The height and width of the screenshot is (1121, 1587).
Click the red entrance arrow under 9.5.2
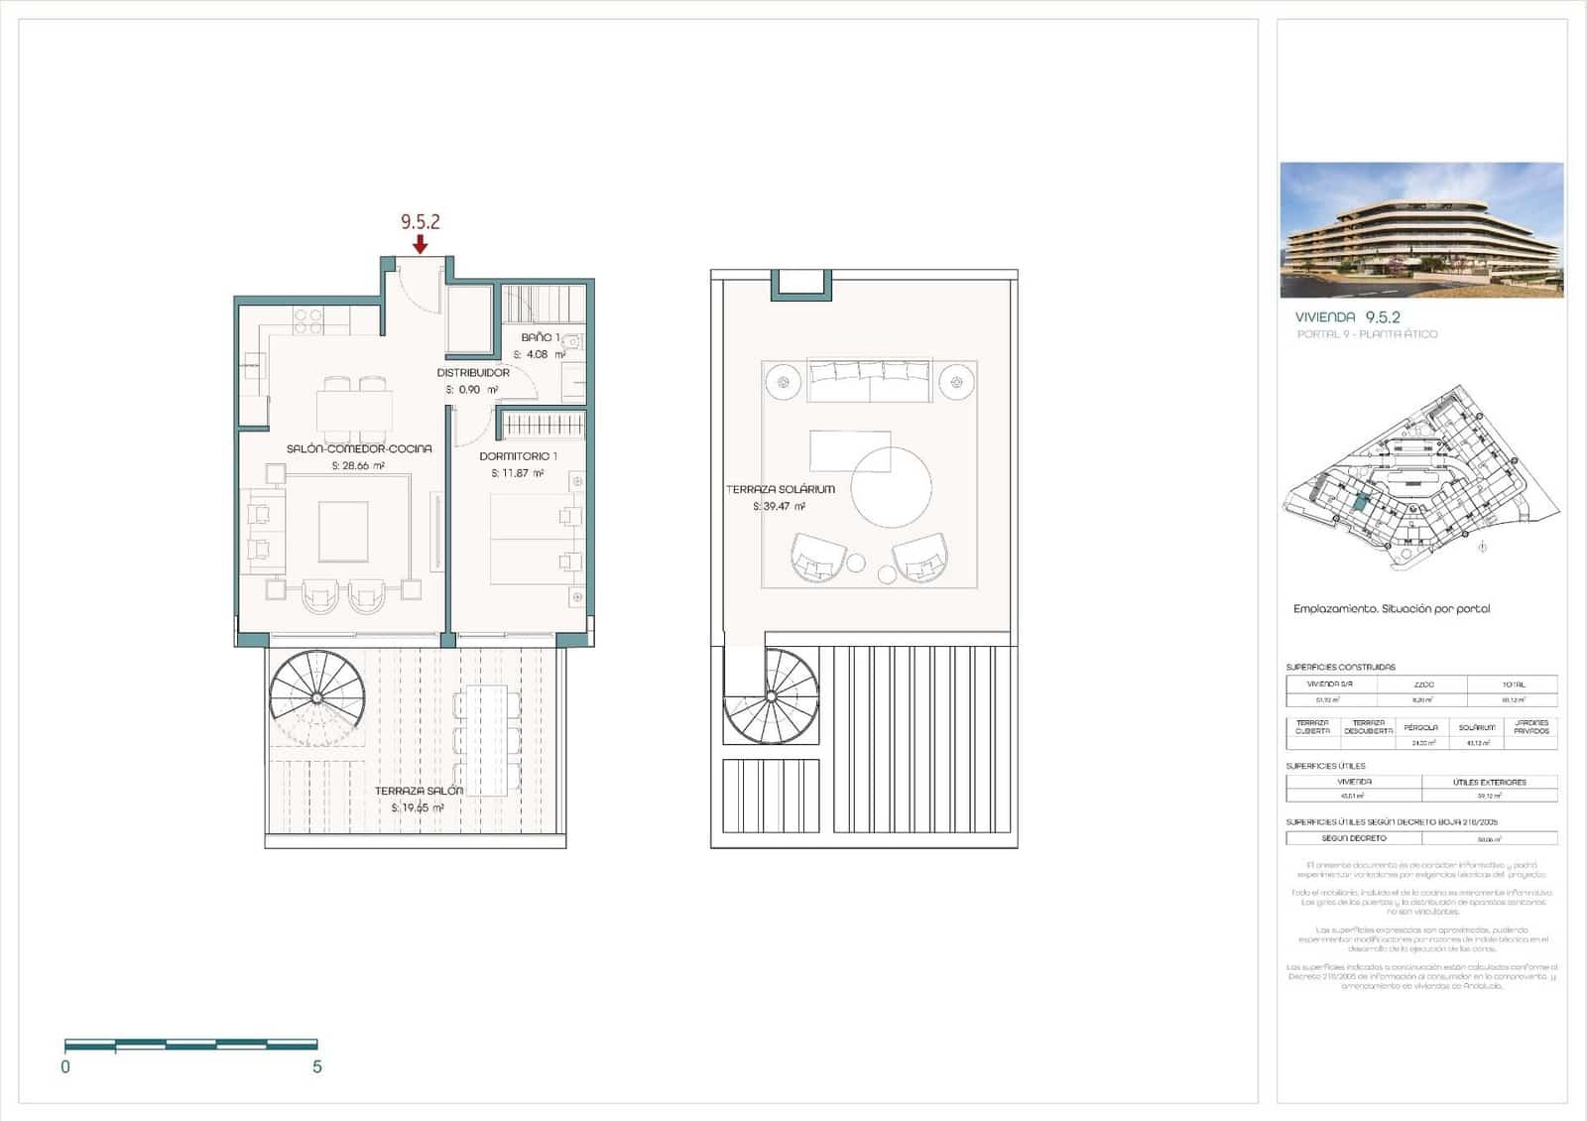tap(421, 244)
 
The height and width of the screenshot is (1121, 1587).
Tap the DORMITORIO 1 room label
tap(518, 456)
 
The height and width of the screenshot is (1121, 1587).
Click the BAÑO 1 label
tap(541, 337)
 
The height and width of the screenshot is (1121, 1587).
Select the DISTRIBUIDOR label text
tap(473, 373)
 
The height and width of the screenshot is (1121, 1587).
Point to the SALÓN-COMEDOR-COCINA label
tap(359, 448)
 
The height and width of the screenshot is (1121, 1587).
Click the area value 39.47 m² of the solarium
tap(779, 506)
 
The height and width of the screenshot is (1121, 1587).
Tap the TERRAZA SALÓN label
tap(419, 791)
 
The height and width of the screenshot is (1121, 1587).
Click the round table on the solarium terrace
tap(891, 487)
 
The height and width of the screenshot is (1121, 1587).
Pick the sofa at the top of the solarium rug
tap(869, 382)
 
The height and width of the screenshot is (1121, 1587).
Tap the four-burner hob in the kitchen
tap(308, 319)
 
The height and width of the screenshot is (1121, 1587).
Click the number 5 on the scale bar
tap(317, 1067)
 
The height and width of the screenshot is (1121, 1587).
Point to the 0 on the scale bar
tap(65, 1067)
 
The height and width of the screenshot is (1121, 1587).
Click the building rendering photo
tap(1421, 230)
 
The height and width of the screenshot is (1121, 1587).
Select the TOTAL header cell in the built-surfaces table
tap(1513, 685)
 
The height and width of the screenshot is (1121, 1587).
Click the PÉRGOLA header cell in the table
tap(1420, 727)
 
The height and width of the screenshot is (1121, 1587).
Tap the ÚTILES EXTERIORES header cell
tap(1489, 782)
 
